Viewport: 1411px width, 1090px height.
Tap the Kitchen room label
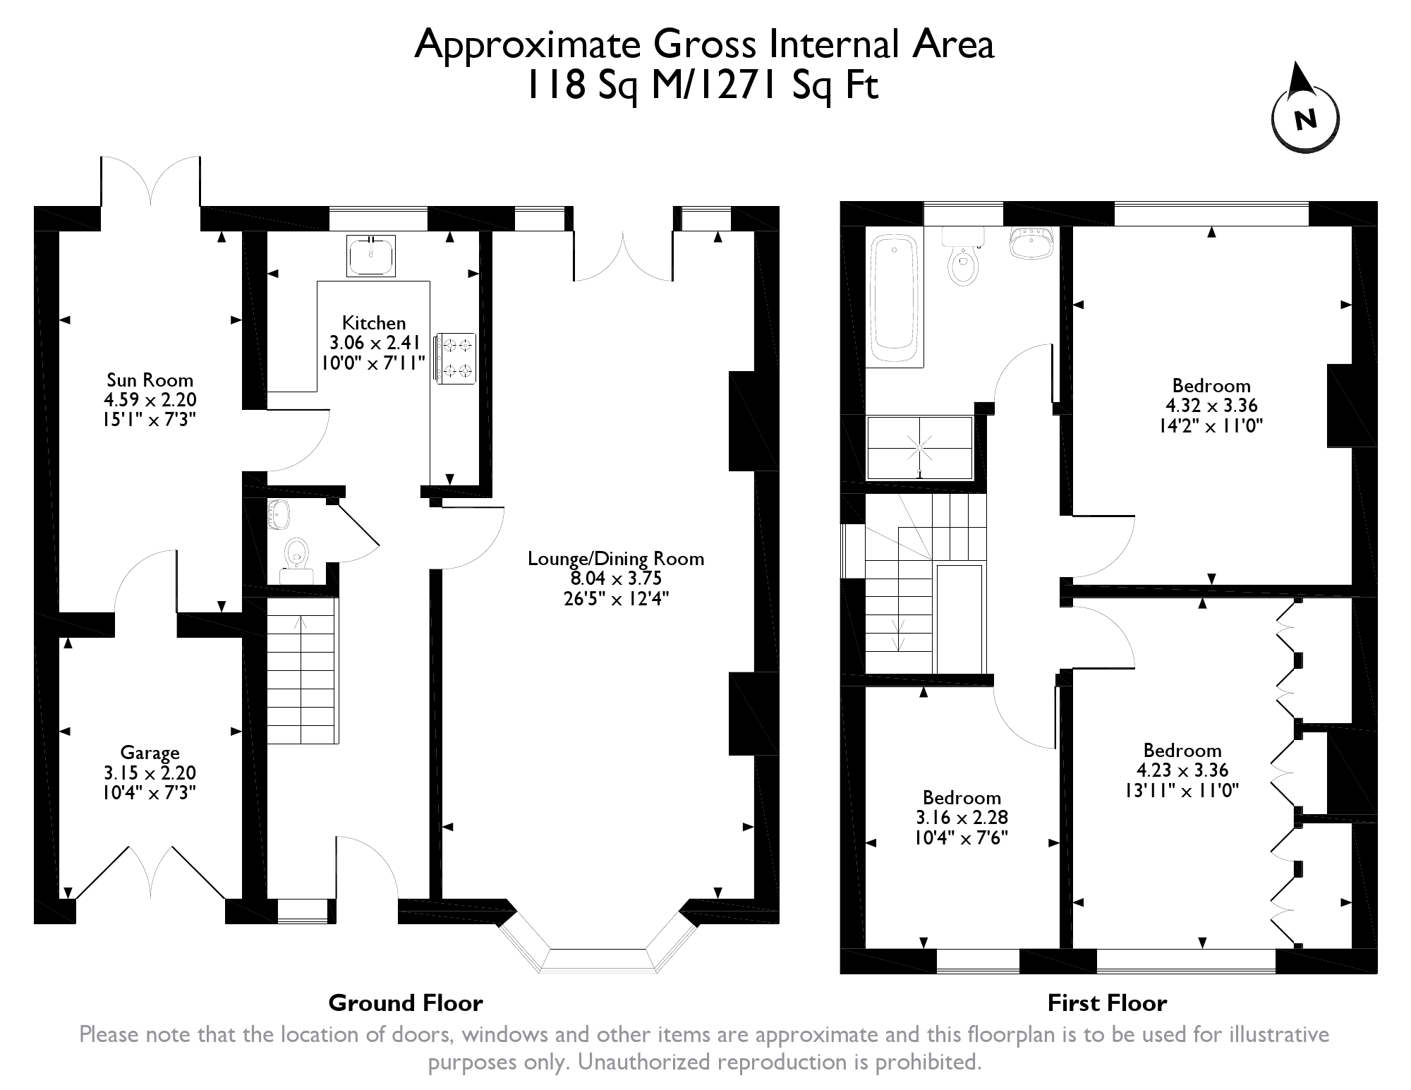[x=374, y=323]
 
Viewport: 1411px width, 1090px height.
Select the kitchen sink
[x=371, y=255]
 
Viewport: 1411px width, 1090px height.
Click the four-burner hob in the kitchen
[x=457, y=358]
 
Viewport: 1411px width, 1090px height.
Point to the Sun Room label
[x=150, y=380]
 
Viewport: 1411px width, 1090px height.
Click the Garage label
[x=150, y=753]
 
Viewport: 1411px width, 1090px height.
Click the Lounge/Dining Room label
[x=616, y=559]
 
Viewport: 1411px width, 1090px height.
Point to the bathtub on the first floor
[x=895, y=300]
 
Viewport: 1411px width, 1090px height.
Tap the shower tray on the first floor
[x=920, y=447]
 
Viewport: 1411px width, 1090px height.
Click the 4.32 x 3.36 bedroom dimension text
[x=1211, y=406]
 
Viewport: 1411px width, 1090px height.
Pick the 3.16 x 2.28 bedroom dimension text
[x=962, y=818]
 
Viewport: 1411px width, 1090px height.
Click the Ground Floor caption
[x=406, y=1003]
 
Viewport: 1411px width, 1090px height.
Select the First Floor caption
[x=1107, y=1003]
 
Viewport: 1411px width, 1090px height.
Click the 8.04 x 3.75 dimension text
[x=616, y=579]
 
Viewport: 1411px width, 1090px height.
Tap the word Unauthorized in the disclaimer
[x=650, y=1062]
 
